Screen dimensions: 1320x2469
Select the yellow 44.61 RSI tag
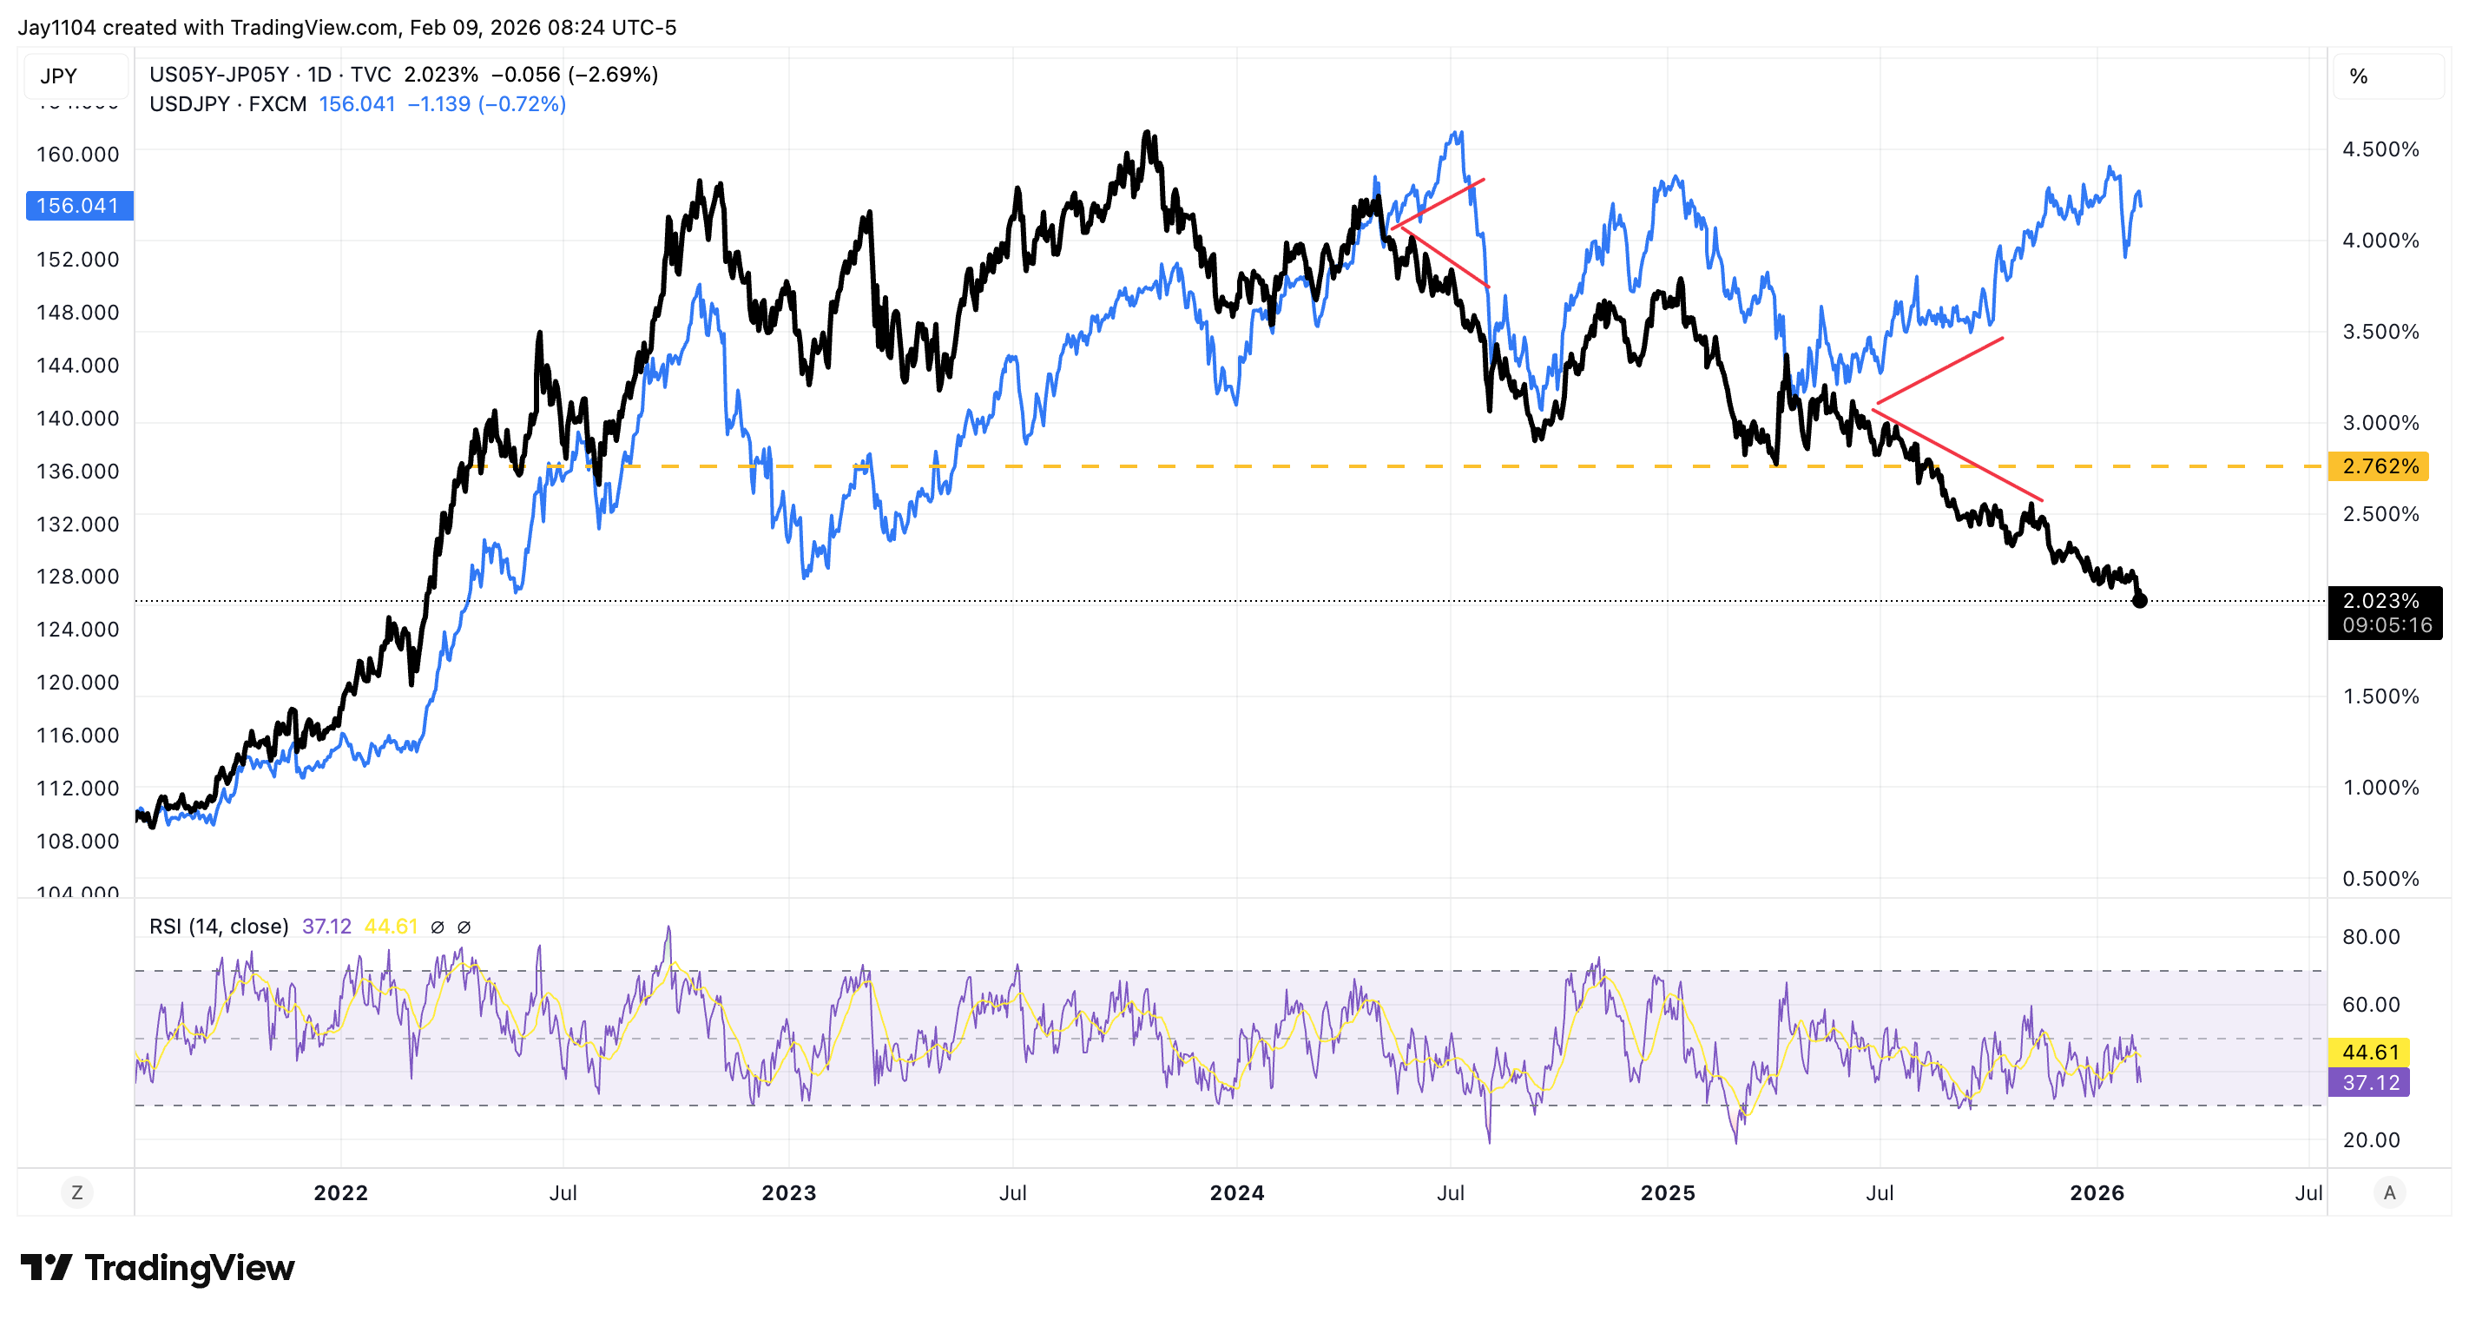2369,1052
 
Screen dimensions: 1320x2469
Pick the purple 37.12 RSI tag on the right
2369,1082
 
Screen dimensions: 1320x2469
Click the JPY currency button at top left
59,76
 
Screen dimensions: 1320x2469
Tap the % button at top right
2359,76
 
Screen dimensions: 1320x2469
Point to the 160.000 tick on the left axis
77,155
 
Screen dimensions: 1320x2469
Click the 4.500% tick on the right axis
2380,149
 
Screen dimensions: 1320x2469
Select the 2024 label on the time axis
1236,1192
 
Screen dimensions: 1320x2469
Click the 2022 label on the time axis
341,1192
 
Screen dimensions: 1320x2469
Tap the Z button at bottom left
76,1192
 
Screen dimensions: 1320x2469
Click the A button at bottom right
2388,1192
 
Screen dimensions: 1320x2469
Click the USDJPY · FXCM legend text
228,103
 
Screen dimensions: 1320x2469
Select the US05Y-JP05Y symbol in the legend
219,75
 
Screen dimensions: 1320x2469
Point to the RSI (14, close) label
219,926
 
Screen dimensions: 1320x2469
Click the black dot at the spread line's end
2139,601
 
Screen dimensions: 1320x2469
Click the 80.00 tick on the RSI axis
2370,936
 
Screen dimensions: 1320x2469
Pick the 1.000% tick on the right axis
2380,788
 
